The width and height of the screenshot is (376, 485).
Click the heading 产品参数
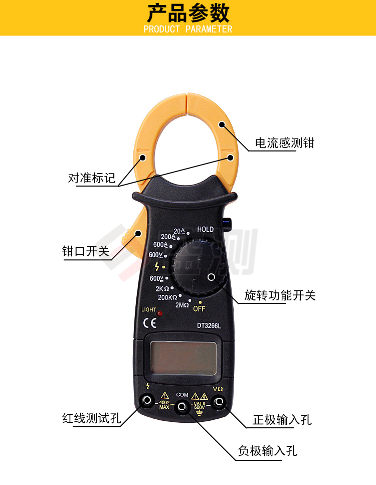tap(188, 13)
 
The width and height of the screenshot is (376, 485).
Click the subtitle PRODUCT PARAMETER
tap(188, 29)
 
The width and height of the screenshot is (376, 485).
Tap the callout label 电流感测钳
tap(284, 143)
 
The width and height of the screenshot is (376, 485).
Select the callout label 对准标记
tap(92, 178)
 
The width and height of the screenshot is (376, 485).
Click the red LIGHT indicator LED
tap(159, 314)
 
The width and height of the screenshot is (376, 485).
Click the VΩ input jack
tap(218, 402)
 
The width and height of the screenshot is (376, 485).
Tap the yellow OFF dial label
tap(199, 308)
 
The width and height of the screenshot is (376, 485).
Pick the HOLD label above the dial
tap(205, 229)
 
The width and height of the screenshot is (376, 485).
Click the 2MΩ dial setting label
tap(182, 305)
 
